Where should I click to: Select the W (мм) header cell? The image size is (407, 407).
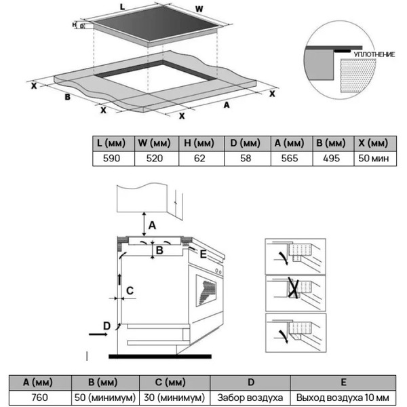point(157,143)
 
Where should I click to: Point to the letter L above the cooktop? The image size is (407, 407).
point(122,6)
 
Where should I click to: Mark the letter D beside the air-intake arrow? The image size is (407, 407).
point(106,327)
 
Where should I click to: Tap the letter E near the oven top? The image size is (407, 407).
point(202,254)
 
